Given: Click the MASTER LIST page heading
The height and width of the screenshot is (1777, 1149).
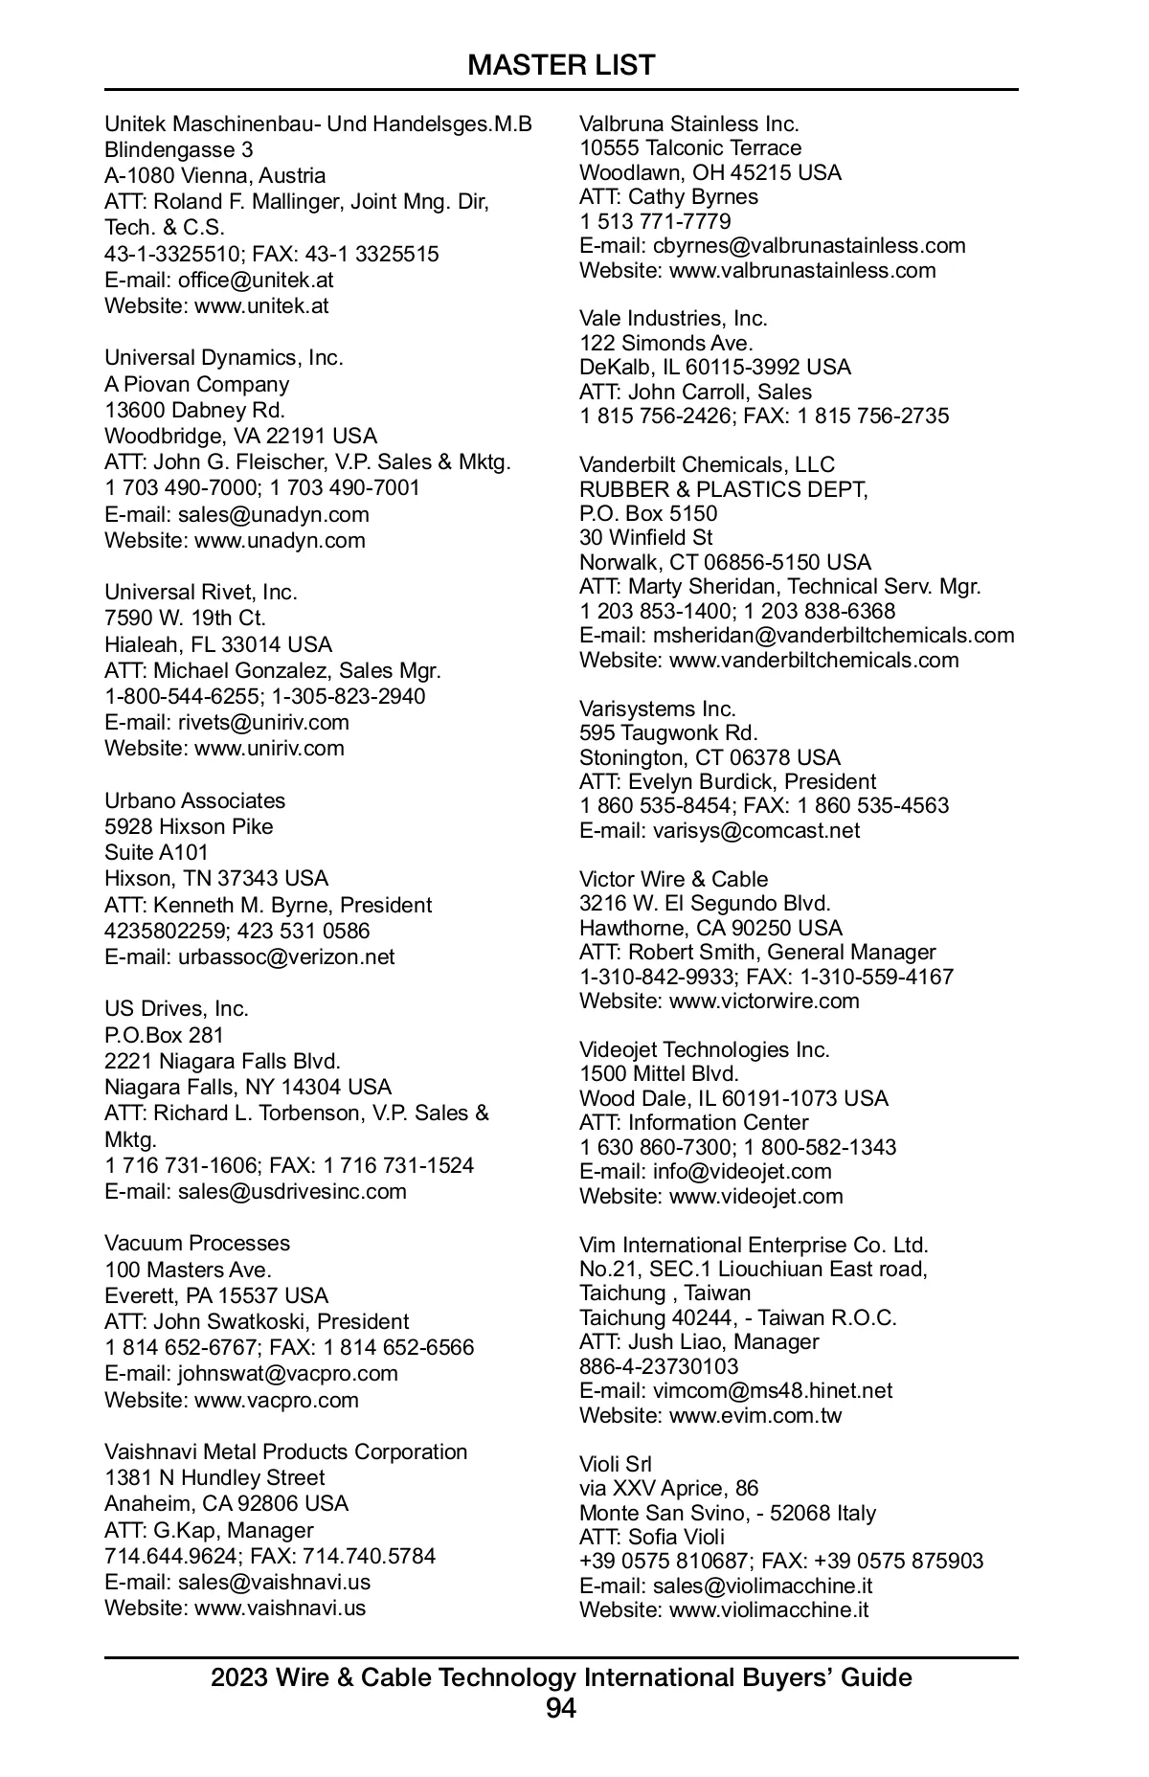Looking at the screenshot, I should [561, 65].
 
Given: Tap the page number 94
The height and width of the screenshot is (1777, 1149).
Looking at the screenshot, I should [561, 1708].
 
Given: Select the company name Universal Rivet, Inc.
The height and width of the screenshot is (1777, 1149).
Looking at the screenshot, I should [201, 592].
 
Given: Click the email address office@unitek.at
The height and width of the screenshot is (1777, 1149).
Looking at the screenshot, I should [256, 281].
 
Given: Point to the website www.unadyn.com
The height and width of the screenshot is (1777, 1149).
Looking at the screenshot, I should [280, 540].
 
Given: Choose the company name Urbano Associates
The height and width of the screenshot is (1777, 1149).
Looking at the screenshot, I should [194, 800].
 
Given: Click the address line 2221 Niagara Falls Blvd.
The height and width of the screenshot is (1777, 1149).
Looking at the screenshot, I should [222, 1061].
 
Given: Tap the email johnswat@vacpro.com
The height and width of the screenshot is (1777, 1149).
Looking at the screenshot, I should [287, 1374].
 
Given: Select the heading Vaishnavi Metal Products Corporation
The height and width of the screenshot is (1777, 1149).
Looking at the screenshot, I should [285, 1451].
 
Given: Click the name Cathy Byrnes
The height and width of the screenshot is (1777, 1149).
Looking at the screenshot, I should [692, 197].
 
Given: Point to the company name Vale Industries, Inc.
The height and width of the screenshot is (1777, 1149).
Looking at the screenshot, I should [673, 318].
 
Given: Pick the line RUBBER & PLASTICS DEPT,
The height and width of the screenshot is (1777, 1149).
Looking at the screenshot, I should [723, 489].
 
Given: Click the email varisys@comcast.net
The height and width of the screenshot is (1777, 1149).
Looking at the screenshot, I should [756, 831].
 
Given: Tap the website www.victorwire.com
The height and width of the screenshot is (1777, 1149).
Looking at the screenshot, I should [764, 1001].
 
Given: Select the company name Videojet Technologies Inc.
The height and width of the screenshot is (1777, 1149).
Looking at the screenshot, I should [704, 1049].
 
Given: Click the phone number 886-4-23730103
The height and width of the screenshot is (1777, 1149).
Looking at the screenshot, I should [659, 1366].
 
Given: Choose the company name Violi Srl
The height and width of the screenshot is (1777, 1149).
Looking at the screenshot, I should [615, 1464].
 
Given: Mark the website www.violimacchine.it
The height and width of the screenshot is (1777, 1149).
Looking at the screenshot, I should [768, 1609].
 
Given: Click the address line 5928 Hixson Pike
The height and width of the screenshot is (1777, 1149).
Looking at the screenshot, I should [189, 826].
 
